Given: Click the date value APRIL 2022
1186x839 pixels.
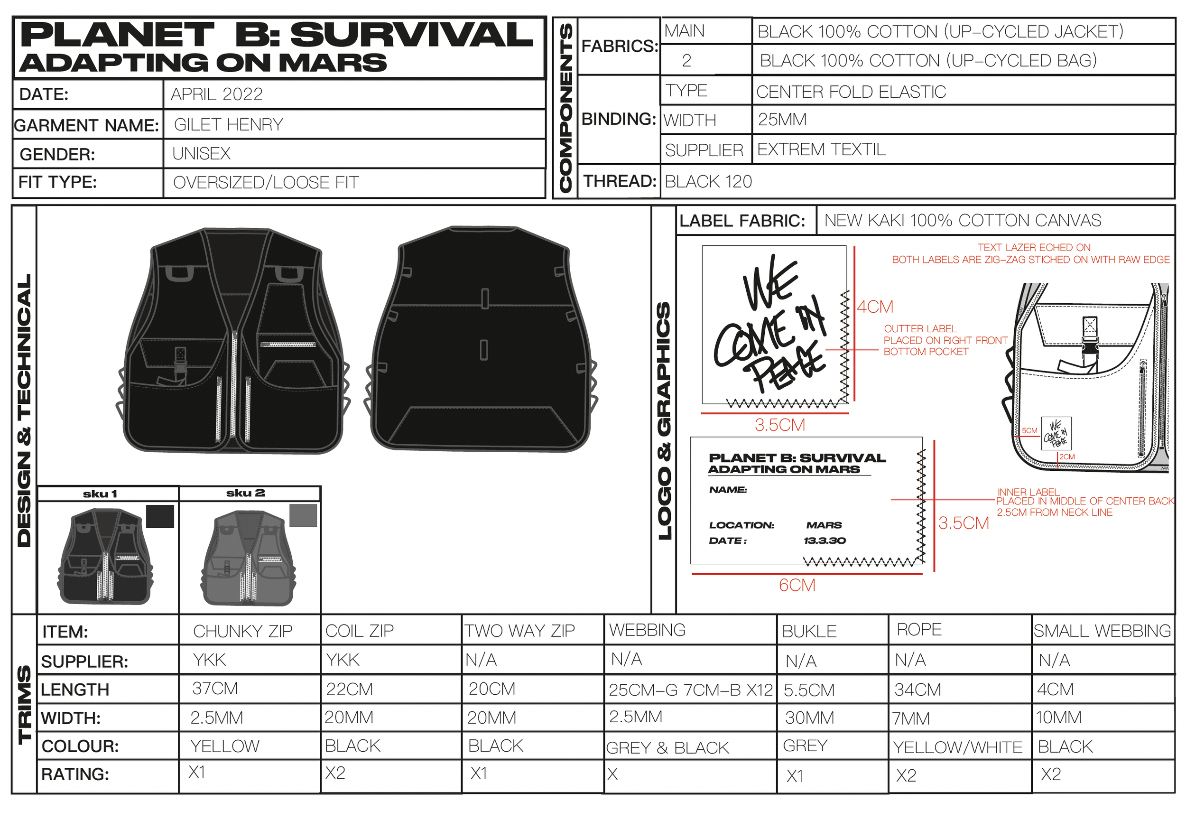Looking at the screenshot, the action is coord(216,94).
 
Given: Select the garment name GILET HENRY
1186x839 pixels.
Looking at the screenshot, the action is coord(228,124).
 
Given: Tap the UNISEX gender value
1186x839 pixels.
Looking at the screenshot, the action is coord(202,153).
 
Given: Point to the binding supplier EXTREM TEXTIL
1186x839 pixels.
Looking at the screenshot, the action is coord(821,149).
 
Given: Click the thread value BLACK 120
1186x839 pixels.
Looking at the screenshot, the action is coord(708,181).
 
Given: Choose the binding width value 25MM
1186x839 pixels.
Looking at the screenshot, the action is coord(782,119).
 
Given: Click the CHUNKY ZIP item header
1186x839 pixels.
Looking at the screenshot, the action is coord(242,631).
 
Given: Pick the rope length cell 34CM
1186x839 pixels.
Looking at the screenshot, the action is coord(917,690).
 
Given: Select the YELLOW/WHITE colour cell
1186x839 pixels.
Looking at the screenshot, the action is coord(958,747).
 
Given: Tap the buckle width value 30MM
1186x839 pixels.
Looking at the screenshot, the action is coord(809,718).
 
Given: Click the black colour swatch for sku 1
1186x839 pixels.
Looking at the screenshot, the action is coord(160,516).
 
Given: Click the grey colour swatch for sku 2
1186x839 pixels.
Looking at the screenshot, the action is coord(303,515).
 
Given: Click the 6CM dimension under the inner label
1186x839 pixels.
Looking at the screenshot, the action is coord(797,585).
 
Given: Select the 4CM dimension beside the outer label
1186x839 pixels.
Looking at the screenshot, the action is coord(875,307).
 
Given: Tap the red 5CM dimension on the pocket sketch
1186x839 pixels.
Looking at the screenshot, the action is coord(1029,430).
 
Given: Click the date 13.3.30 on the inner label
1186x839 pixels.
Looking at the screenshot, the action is coord(825,541).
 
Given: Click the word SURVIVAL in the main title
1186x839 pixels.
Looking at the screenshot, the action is coord(411,35).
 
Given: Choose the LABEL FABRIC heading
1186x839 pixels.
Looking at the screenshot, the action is coord(742,221).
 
